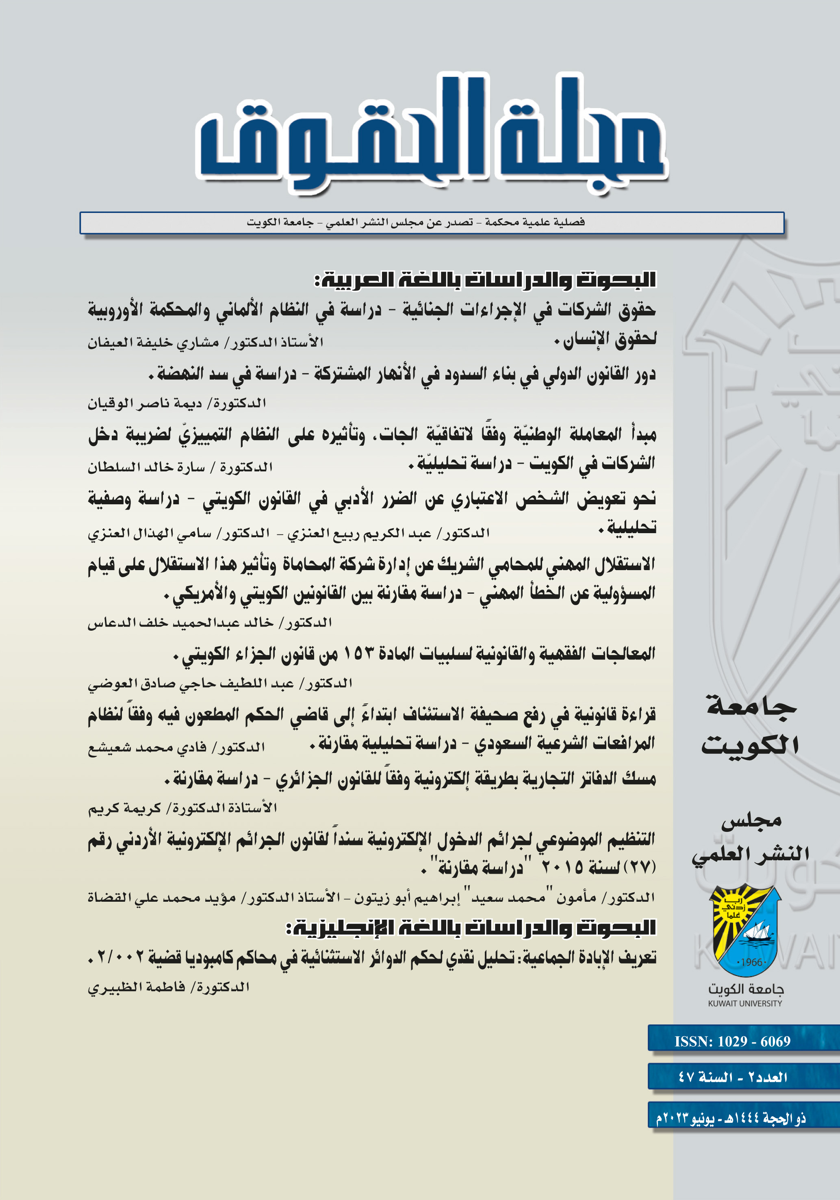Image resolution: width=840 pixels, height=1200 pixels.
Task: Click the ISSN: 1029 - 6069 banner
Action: tap(732, 1041)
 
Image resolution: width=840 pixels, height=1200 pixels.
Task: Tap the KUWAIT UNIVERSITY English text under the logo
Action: tap(745, 1003)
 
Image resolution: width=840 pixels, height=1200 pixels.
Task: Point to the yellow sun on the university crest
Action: tap(732, 912)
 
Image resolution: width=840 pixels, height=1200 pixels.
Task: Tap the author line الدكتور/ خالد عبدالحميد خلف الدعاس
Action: tap(209, 623)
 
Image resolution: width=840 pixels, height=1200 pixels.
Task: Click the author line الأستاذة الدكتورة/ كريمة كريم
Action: tap(182, 807)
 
